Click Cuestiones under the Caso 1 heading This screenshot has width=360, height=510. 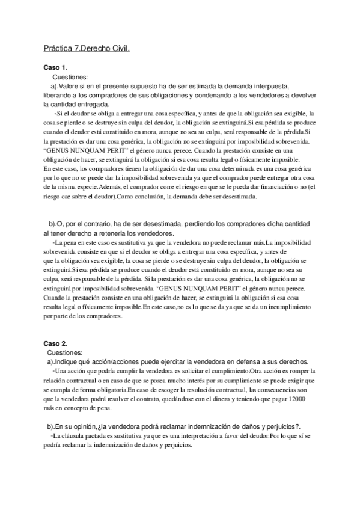70,77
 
